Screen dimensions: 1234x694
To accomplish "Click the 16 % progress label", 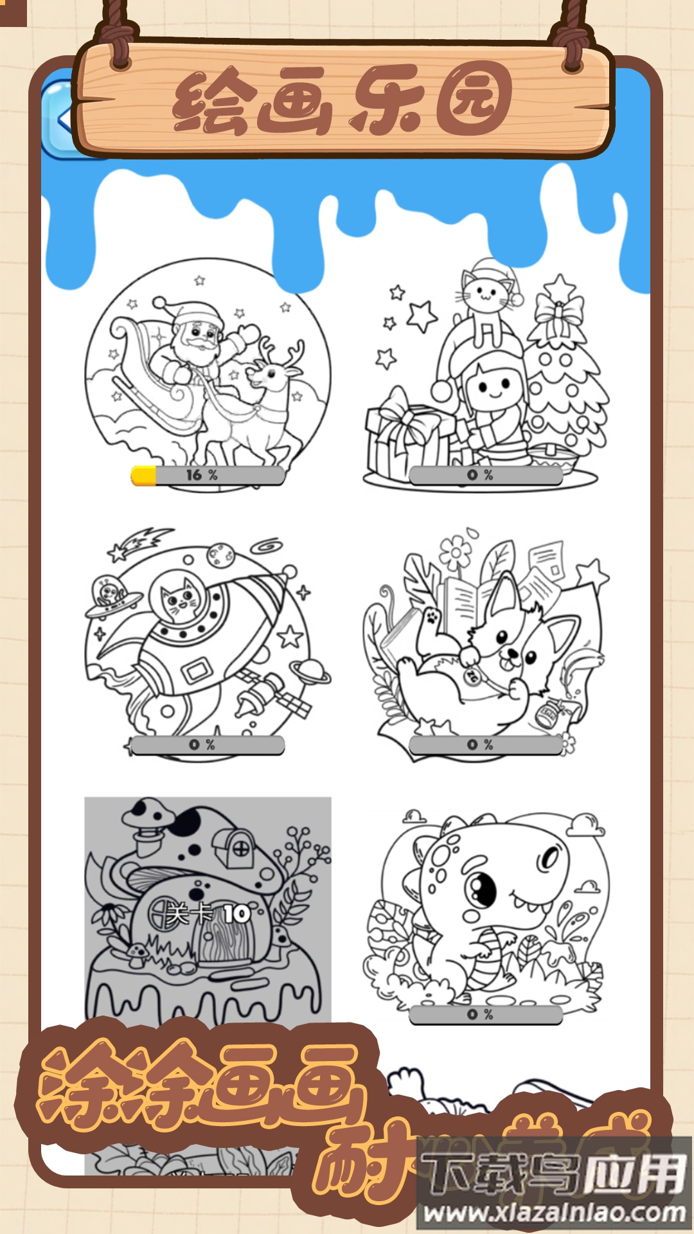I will pos(202,475).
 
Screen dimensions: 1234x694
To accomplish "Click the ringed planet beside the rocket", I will pos(310,672).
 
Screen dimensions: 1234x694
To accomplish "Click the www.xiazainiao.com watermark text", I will pos(554,1212).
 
